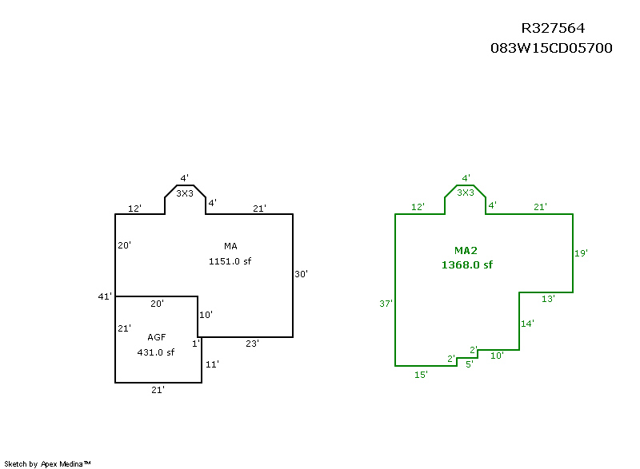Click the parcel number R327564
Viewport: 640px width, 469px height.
pos(553,28)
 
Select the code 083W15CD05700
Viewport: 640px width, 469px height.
pos(551,48)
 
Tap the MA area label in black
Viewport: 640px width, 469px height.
pos(230,246)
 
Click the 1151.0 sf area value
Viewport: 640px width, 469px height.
pos(230,261)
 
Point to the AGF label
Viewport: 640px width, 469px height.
pos(157,337)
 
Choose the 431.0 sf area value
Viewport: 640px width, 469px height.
pos(155,352)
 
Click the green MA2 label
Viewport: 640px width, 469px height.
pos(466,251)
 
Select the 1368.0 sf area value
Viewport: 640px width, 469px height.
pos(467,264)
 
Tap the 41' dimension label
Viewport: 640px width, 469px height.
pos(105,296)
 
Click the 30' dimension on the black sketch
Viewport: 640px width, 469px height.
pos(302,274)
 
